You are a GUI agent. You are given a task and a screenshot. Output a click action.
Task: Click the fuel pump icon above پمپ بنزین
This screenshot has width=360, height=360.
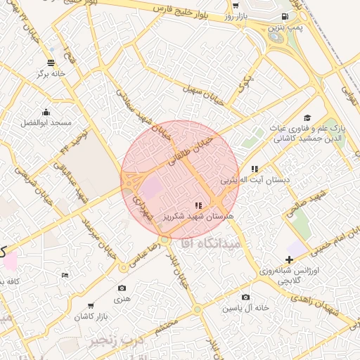pos(284,16)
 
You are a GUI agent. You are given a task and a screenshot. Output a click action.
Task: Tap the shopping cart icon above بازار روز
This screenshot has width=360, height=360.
pos(235,6)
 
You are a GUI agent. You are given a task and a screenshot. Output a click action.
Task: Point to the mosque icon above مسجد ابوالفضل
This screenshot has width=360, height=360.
pos(46,112)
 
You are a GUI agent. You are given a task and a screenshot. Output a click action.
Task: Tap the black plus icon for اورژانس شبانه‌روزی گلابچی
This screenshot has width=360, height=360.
pos(289,259)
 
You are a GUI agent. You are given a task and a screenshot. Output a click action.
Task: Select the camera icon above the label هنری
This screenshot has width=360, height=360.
pos(122,288)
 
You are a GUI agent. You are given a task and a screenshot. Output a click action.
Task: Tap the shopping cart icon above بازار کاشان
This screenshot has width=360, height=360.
pos(91,306)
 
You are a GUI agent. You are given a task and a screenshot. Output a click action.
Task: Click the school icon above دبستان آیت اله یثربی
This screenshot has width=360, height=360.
pos(255,169)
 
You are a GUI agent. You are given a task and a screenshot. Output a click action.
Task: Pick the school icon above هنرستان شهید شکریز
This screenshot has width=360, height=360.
pos(199,205)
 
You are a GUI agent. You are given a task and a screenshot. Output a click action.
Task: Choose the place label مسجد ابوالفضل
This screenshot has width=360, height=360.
pos(46,122)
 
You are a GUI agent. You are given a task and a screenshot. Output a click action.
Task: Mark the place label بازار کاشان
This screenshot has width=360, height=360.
pos(91,317)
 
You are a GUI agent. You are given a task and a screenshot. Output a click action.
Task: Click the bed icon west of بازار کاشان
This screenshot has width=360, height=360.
pos(65,275)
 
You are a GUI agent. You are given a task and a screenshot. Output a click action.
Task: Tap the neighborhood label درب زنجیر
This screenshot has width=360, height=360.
pos(112,340)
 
